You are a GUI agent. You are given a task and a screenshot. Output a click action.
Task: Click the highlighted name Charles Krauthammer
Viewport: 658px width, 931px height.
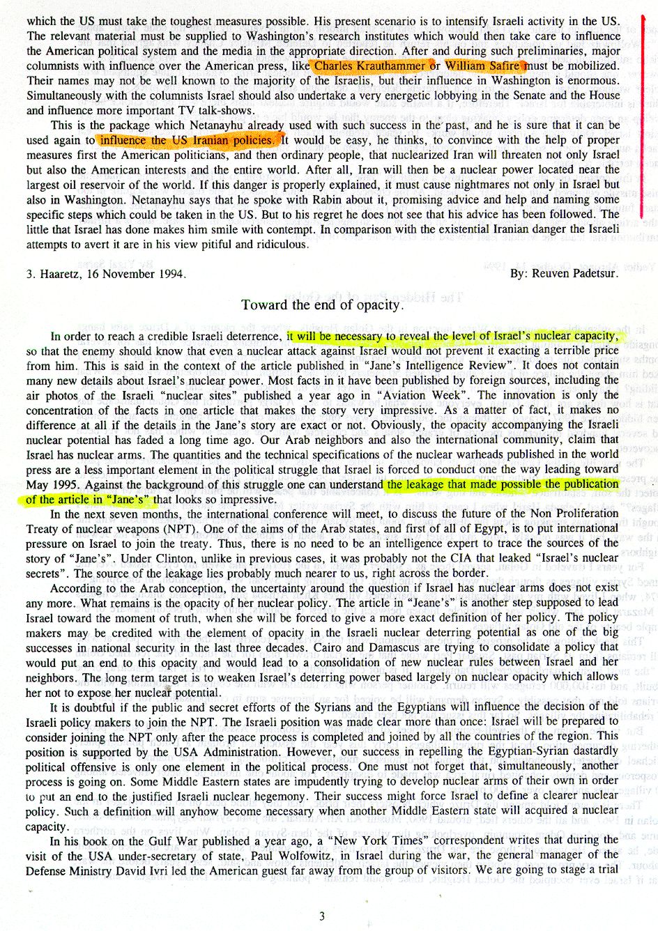(x=369, y=66)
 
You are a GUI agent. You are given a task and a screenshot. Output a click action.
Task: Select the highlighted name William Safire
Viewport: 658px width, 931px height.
(x=482, y=66)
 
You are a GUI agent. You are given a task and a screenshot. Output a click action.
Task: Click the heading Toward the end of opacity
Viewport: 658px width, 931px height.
(x=322, y=305)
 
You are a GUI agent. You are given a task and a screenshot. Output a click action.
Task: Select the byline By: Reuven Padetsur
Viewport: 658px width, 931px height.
(x=564, y=273)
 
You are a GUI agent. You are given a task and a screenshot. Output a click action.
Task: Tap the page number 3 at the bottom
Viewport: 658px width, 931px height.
(x=321, y=916)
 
